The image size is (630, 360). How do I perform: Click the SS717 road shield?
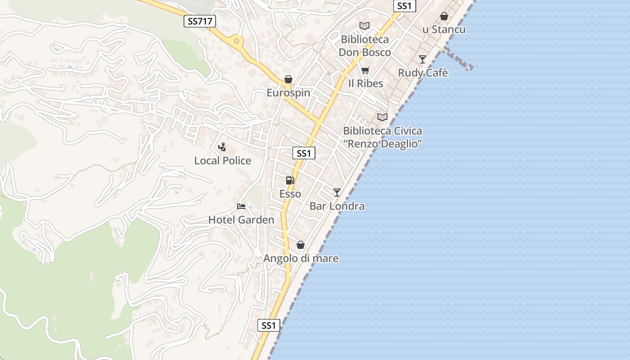200,21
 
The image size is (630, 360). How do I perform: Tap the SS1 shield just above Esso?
304,153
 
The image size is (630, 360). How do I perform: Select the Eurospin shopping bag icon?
288,80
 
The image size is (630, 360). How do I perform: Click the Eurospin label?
288,93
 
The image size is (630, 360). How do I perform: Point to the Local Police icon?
222,147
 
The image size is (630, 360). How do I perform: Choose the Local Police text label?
223,161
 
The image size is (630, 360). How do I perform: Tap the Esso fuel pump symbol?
290,180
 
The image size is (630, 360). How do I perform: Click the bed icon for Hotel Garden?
241,207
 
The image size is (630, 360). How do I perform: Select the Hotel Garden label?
241,220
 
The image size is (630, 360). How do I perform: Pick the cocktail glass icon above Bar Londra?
337,193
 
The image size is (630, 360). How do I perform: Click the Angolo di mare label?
301,258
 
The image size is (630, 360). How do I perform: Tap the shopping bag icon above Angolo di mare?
301,245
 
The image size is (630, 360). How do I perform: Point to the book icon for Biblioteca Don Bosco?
364,26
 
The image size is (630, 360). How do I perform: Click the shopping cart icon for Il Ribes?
365,70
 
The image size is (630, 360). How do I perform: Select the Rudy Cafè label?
423,73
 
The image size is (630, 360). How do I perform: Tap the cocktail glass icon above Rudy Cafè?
422,59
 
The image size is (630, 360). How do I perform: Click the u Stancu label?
444,30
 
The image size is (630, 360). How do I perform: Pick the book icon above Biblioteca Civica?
382,117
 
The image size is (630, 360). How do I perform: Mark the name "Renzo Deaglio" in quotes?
382,144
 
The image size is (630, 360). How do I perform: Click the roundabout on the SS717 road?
236,41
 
